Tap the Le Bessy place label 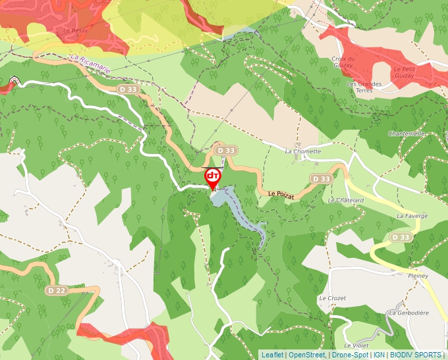pyautogui.click(x=76, y=30)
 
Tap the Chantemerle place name pyautogui.click(x=406, y=134)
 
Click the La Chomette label pyautogui.click(x=302, y=151)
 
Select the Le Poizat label pyautogui.click(x=281, y=193)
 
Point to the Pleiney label pyautogui.click(x=418, y=275)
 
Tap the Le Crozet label pyautogui.click(x=332, y=298)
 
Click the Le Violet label pyautogui.click(x=356, y=345)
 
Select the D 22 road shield pyautogui.click(x=57, y=290)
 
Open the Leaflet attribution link pyautogui.click(x=272, y=355)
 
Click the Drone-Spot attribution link pyautogui.click(x=349, y=355)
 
